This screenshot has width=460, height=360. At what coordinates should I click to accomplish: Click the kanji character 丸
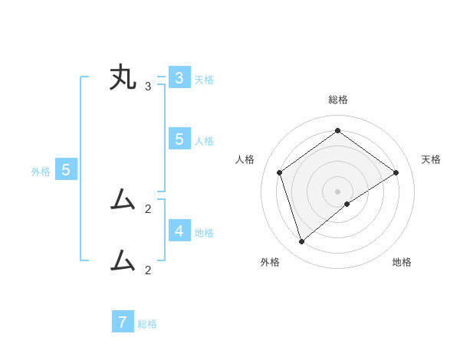point(123,79)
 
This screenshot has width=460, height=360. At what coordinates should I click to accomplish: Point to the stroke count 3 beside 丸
point(148,87)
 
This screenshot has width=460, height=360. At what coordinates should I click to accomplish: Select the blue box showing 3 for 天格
point(179,78)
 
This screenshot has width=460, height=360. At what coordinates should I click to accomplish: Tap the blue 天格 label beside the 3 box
point(204,79)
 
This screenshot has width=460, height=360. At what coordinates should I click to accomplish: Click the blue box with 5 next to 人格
point(179,139)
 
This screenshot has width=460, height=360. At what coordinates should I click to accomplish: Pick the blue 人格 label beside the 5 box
point(204,141)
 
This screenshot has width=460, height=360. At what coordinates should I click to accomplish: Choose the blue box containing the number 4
point(179,230)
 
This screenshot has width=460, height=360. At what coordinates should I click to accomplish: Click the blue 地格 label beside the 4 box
point(204,232)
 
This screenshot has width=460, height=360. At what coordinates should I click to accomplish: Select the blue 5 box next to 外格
point(66,170)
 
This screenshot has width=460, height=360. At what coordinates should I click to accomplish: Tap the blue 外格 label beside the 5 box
point(41,172)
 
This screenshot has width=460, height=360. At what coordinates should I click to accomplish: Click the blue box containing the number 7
point(123,322)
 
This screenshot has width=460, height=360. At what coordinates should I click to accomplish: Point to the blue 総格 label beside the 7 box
point(147,324)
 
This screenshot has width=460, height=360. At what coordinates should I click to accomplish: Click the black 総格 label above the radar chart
point(338,100)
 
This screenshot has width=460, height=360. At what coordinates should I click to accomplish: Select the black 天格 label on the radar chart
point(431,159)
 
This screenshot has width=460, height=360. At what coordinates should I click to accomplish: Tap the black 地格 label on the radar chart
point(402,262)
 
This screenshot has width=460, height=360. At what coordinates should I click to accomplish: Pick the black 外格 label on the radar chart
point(270,262)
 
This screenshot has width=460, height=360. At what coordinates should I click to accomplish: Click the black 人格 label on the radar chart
point(245,159)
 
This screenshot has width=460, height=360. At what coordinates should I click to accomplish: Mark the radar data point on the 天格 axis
point(396,172)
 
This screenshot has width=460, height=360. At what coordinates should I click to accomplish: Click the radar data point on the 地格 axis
point(347,204)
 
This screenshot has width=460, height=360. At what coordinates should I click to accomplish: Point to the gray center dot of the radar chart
point(338,191)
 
